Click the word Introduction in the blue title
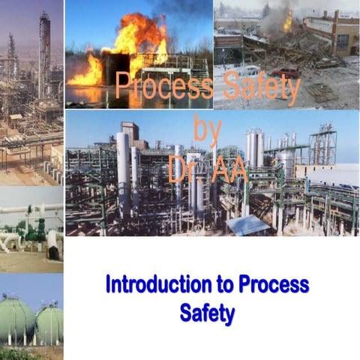[145, 285]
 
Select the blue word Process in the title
[274, 285]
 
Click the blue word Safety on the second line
[207, 312]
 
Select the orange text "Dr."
[183, 169]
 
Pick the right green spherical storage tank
[49, 323]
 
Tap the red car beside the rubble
[285, 73]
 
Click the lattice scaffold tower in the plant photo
[322, 146]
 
